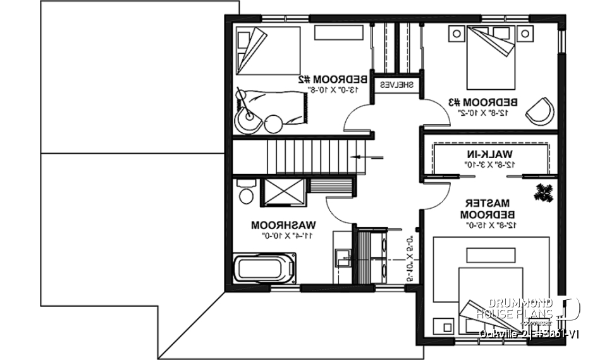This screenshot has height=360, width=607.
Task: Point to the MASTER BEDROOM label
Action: (x=488, y=209)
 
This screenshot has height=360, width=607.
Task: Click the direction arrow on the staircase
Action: (x=367, y=156)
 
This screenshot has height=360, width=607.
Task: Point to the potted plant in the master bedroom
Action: (x=543, y=192)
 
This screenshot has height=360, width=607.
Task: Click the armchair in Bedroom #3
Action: (x=541, y=110)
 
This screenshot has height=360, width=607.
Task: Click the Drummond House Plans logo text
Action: (x=524, y=309)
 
